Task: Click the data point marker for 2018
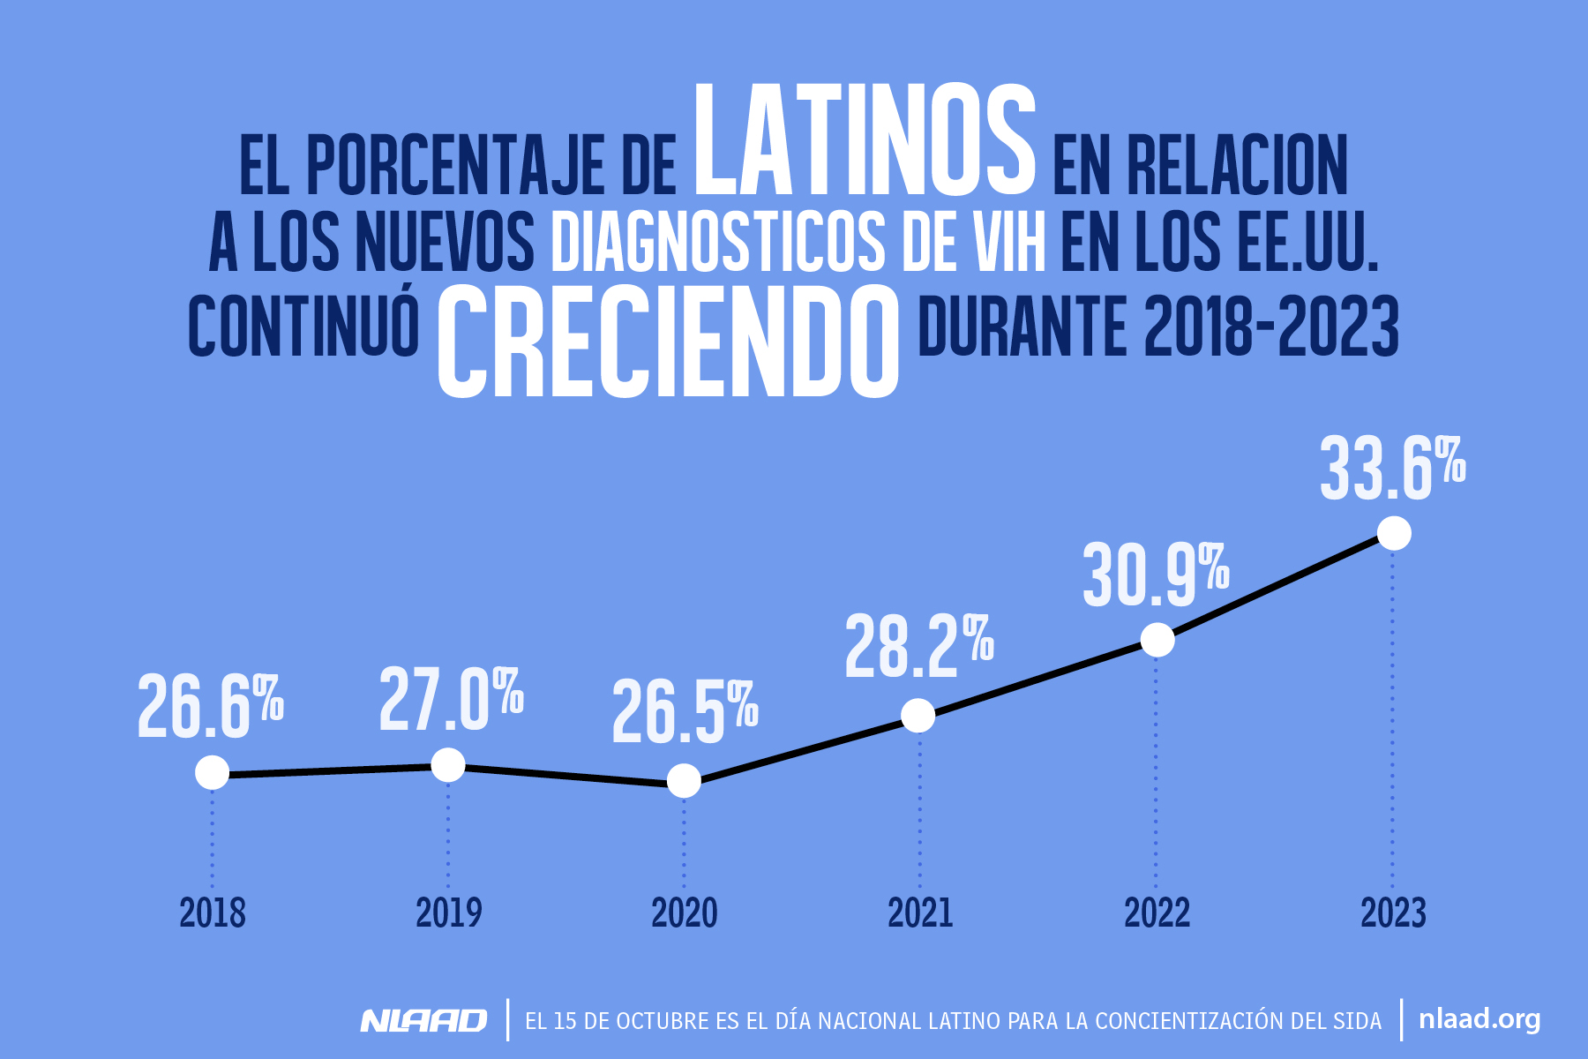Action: [x=212, y=772]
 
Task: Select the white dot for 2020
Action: [x=684, y=780]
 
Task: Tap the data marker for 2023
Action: [x=1394, y=533]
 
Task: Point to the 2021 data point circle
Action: [x=918, y=715]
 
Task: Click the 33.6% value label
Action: [x=1391, y=469]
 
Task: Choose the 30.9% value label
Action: [x=1155, y=575]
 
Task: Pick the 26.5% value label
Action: [x=684, y=712]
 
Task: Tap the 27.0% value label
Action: [x=451, y=701]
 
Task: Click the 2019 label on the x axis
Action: [x=448, y=913]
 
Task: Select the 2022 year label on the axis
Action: [x=1157, y=913]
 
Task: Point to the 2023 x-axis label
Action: [x=1393, y=913]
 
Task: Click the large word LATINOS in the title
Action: [x=864, y=141]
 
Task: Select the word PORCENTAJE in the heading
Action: [x=455, y=167]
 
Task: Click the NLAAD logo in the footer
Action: [x=423, y=1021]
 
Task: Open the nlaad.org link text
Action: [x=1479, y=1019]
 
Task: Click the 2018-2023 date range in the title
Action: [x=1271, y=327]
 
